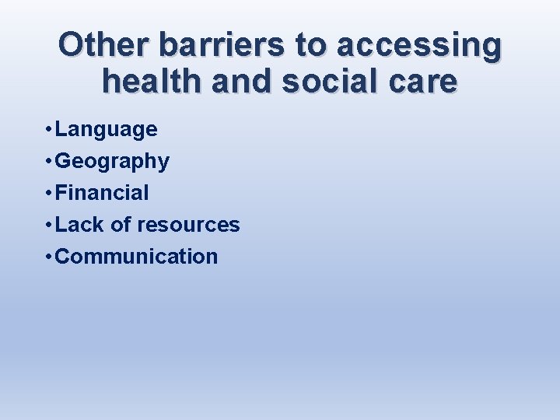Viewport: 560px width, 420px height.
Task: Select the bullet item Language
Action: [x=107, y=129]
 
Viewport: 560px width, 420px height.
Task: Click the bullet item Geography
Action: [x=112, y=162]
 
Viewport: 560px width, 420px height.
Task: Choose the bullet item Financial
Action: [x=102, y=193]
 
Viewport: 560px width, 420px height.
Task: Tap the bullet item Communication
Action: [x=137, y=257]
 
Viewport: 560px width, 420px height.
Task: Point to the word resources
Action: [x=188, y=226]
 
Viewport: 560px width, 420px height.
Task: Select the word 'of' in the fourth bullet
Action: [x=121, y=225]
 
